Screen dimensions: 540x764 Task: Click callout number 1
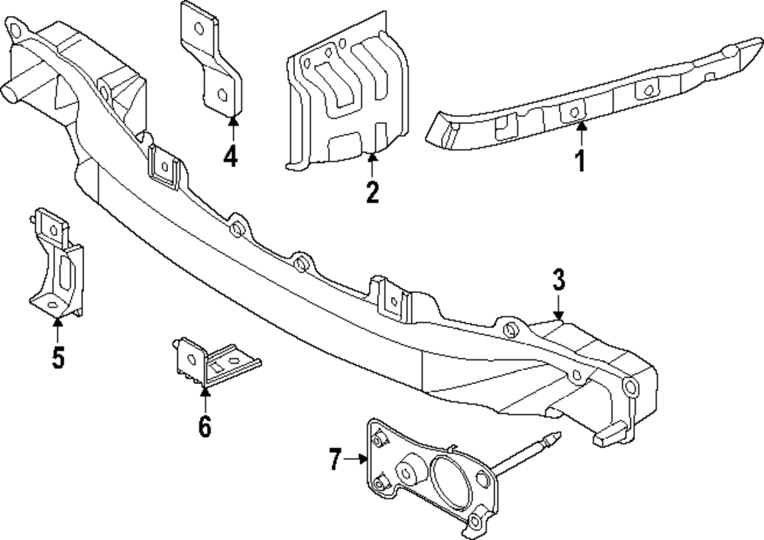[x=580, y=161]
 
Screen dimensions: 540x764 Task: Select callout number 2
[x=372, y=191]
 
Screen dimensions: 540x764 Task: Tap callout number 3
[x=558, y=280]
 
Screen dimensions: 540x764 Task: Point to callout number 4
[x=231, y=156]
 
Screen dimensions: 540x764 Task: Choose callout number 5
[x=58, y=356]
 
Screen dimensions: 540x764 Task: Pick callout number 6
[x=204, y=425]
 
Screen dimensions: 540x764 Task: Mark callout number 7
[x=334, y=459]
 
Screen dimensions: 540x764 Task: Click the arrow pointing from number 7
[x=357, y=459]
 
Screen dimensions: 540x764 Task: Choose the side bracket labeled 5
[x=57, y=264]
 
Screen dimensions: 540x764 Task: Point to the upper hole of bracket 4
[x=200, y=29]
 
